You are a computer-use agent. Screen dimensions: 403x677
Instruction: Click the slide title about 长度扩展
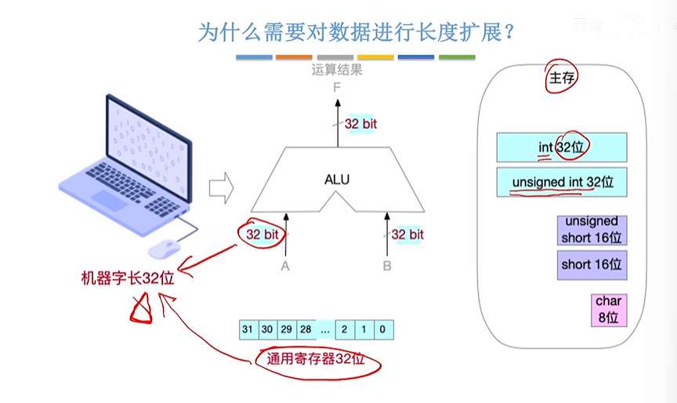357,32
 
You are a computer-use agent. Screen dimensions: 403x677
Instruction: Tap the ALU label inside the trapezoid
337,180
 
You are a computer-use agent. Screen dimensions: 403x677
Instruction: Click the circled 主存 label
559,78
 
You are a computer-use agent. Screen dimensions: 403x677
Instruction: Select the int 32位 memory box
562,147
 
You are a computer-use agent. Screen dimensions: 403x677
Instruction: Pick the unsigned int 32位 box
562,183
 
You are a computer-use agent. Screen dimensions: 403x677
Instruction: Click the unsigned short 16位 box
592,230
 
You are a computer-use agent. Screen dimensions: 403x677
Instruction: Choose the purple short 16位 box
592,265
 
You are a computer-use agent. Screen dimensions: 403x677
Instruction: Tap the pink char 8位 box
608,310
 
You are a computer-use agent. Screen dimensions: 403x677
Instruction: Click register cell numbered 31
248,329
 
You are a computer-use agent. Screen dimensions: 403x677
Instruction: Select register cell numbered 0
382,329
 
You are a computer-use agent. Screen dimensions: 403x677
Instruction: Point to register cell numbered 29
287,329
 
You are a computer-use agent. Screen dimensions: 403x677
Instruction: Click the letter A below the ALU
286,266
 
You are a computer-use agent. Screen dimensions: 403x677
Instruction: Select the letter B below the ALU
387,266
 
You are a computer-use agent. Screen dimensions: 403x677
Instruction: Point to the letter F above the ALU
337,88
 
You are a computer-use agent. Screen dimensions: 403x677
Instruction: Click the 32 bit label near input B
407,234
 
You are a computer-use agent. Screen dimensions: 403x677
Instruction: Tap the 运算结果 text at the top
337,70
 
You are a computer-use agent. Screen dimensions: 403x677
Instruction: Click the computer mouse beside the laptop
165,249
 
